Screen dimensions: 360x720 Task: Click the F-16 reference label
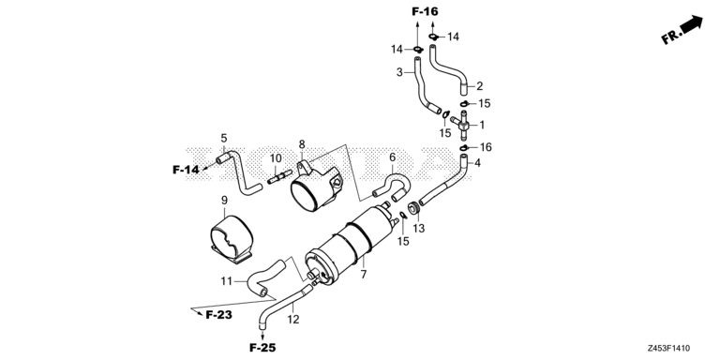click(x=425, y=11)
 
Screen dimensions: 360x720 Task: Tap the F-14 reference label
click(x=187, y=170)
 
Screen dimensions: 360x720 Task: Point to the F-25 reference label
click(x=263, y=348)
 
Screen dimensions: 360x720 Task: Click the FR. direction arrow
click(x=682, y=30)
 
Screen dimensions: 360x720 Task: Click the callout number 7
click(x=363, y=273)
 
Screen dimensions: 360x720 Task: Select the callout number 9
click(x=225, y=200)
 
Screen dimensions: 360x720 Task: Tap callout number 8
click(x=303, y=144)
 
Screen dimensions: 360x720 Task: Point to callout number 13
click(x=419, y=228)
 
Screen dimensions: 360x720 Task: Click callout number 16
click(x=486, y=148)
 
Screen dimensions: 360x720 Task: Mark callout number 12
click(x=292, y=318)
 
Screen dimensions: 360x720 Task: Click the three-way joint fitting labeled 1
click(x=463, y=122)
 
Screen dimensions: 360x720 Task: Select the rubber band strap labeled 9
click(x=230, y=236)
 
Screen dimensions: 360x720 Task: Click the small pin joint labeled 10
click(x=278, y=177)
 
